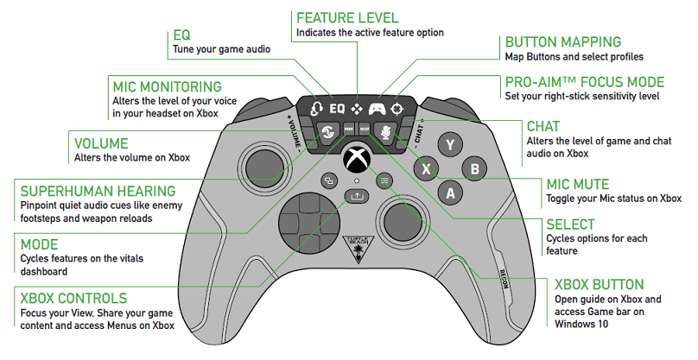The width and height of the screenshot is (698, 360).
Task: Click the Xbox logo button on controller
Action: pyautogui.click(x=357, y=160)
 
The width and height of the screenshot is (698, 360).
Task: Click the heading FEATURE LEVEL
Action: pyautogui.click(x=347, y=17)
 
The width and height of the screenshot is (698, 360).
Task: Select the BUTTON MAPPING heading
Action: pyautogui.click(x=562, y=41)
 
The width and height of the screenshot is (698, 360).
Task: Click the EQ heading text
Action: pyautogui.click(x=182, y=35)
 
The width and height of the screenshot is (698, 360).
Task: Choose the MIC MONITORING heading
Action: pyautogui.click(x=168, y=87)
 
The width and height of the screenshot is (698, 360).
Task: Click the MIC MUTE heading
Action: pyautogui.click(x=589, y=184)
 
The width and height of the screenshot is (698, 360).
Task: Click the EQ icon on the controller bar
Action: pyautogui.click(x=337, y=109)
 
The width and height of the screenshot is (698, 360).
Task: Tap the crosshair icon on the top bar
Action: pyautogui.click(x=397, y=109)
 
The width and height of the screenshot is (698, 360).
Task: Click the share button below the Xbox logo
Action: pyautogui.click(x=356, y=197)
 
